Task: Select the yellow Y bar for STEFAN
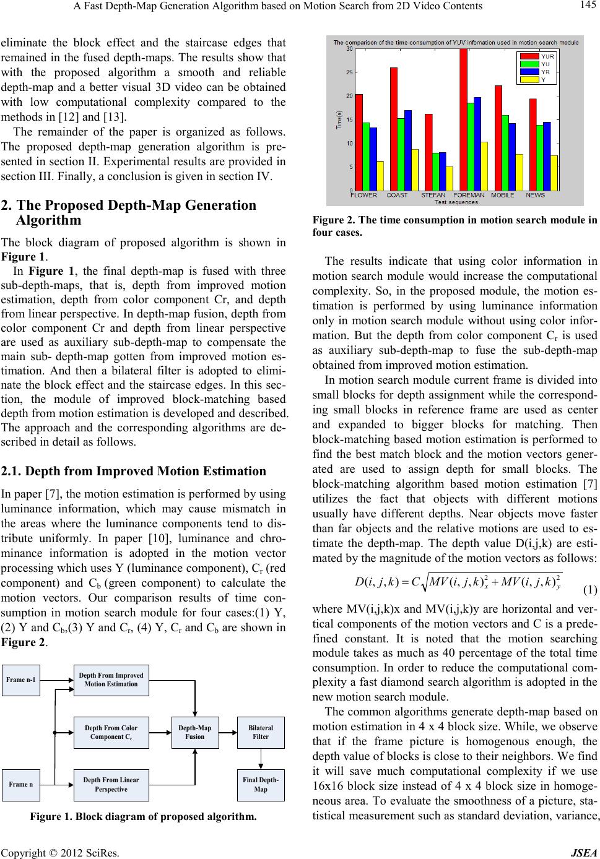(449, 178)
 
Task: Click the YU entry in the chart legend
(545, 63)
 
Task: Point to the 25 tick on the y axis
(350, 72)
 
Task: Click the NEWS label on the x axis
(536, 196)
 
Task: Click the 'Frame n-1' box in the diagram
(22, 680)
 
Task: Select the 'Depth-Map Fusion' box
(195, 732)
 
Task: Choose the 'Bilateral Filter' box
(261, 732)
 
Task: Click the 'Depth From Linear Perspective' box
(111, 784)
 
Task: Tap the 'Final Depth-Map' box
(261, 784)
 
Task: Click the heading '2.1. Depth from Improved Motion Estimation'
(134, 471)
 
